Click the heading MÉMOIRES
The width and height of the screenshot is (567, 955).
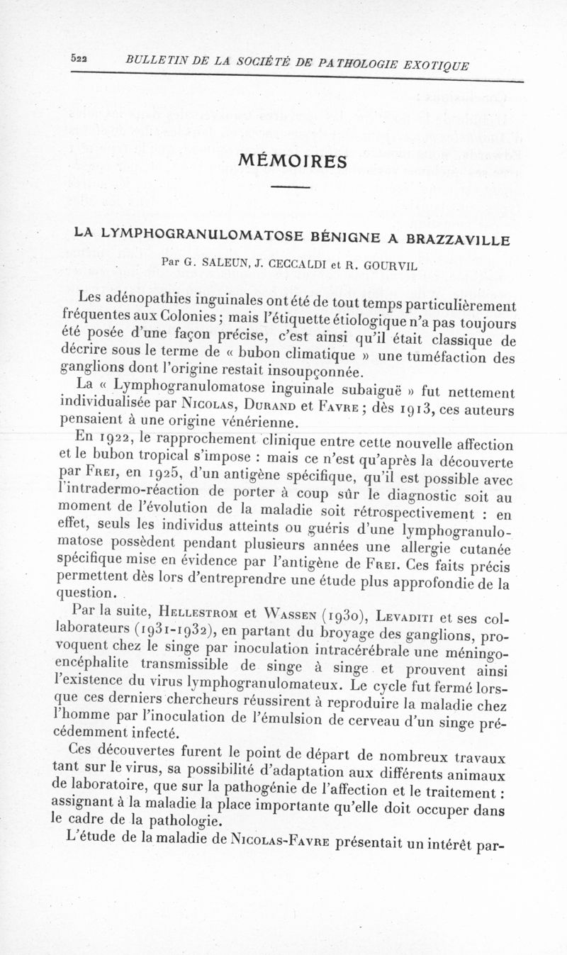point(291,161)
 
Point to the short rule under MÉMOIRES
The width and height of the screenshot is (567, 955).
point(291,187)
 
